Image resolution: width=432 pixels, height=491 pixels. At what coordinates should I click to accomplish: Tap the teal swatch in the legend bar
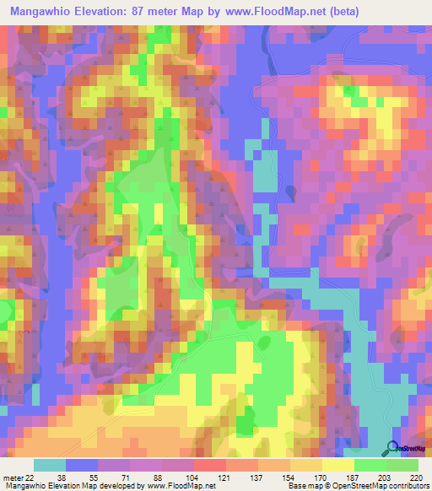(49, 465)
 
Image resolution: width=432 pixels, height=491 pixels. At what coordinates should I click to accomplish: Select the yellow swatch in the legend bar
(337, 465)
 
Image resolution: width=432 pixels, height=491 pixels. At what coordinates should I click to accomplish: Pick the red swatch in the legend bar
(209, 465)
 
